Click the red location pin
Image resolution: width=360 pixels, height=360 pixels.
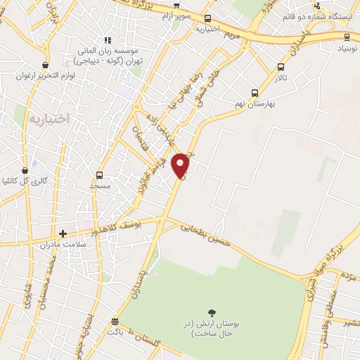(x=181, y=165)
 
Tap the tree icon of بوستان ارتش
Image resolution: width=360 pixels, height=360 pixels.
(x=212, y=312)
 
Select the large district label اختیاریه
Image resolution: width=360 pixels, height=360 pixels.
(x=50, y=118)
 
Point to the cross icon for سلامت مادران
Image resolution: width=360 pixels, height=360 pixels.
(x=63, y=233)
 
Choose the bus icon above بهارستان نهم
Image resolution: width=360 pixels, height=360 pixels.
(x=255, y=92)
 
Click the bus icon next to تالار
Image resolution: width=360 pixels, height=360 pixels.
(x=281, y=67)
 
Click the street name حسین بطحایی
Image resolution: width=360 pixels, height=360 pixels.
(x=205, y=234)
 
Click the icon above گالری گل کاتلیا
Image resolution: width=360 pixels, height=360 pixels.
(x=25, y=170)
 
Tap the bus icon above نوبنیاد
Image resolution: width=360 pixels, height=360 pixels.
(x=347, y=37)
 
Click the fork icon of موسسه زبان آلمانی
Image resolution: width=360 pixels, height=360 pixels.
(x=107, y=41)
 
